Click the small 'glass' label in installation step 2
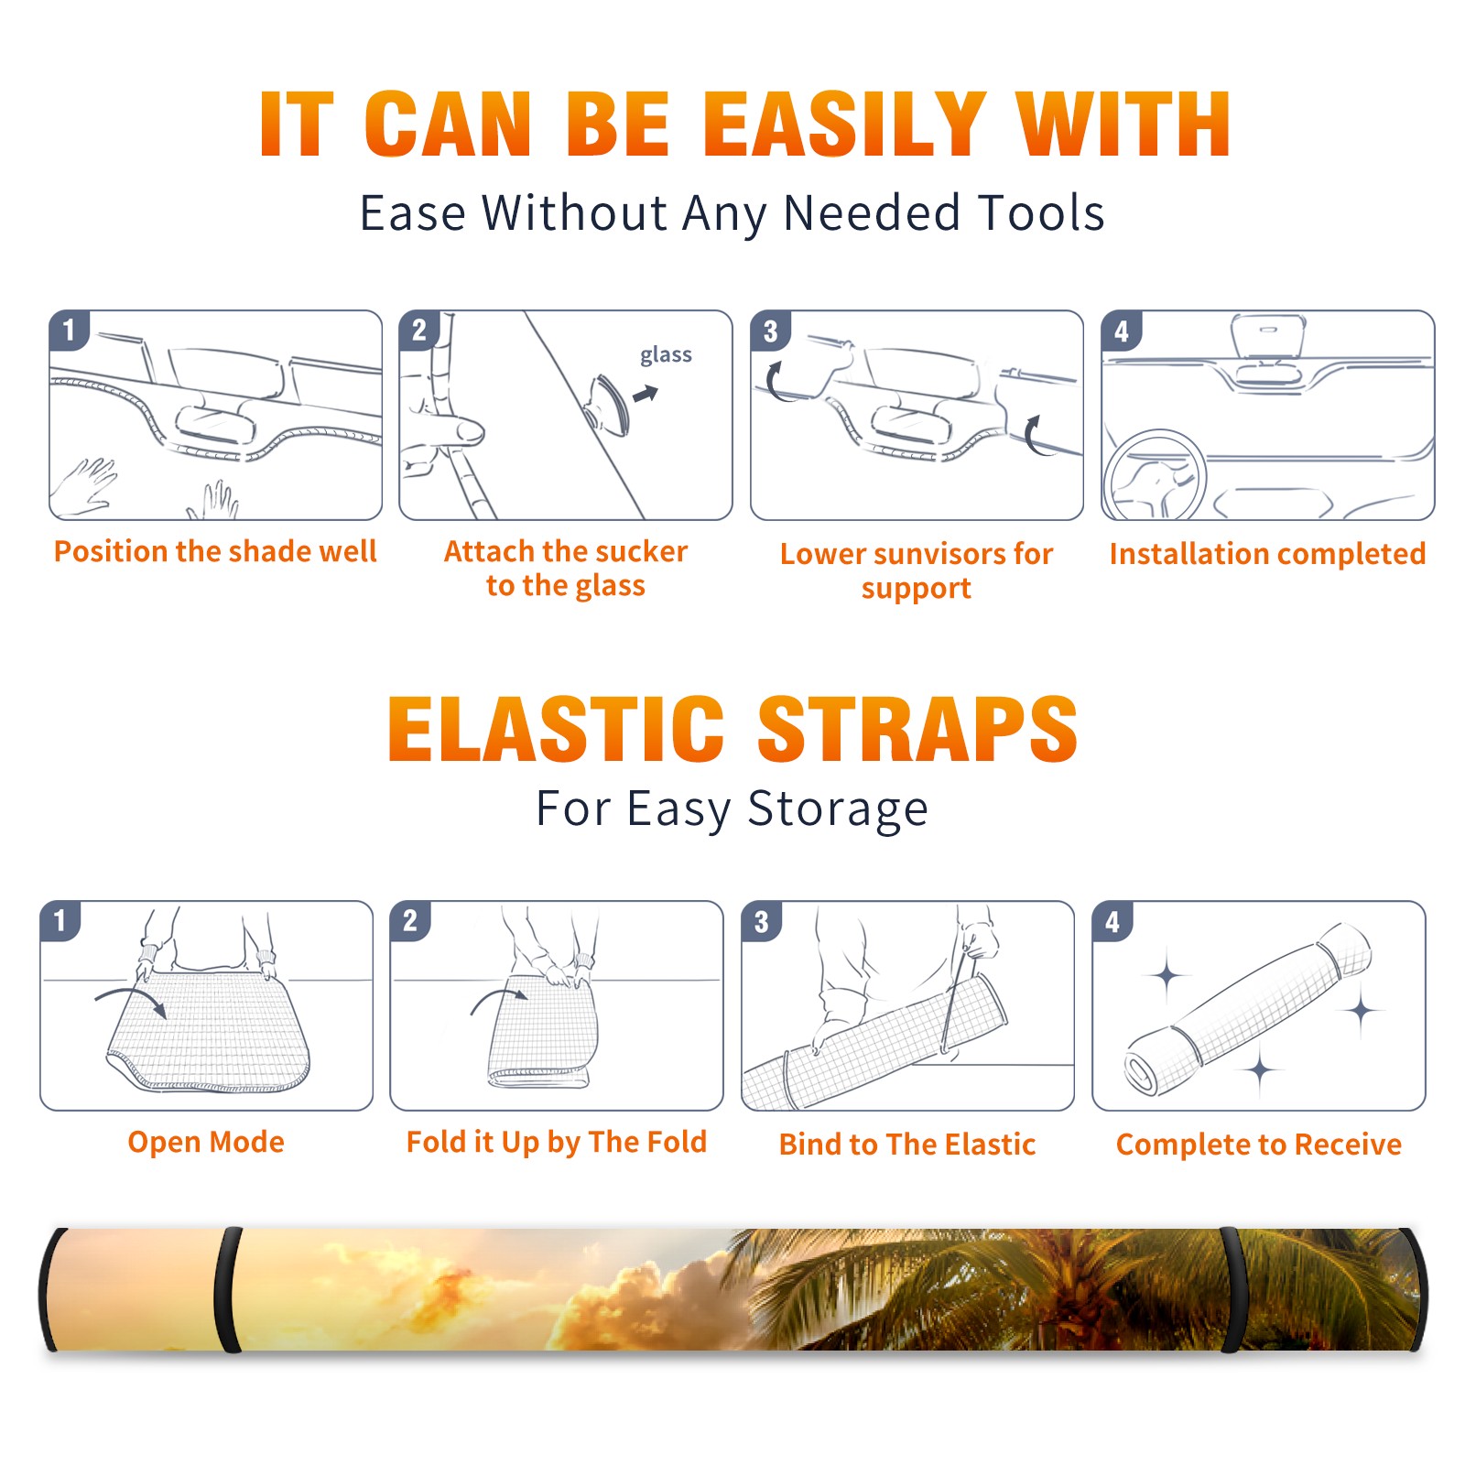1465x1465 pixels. tap(666, 355)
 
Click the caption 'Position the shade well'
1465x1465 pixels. tap(215, 551)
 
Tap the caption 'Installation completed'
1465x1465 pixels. tap(1267, 553)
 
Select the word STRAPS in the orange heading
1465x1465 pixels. tap(917, 729)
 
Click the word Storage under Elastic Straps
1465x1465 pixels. tap(838, 809)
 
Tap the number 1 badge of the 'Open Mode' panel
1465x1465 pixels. tap(60, 920)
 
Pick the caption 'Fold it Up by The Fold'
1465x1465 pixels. tap(557, 1142)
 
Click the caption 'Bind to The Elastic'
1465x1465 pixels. tap(907, 1145)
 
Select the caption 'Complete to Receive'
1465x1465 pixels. tap(1259, 1145)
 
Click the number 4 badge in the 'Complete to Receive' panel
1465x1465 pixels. tap(1112, 920)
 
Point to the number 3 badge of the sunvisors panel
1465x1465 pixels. tap(770, 331)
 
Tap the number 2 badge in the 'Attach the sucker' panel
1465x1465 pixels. tap(419, 331)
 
